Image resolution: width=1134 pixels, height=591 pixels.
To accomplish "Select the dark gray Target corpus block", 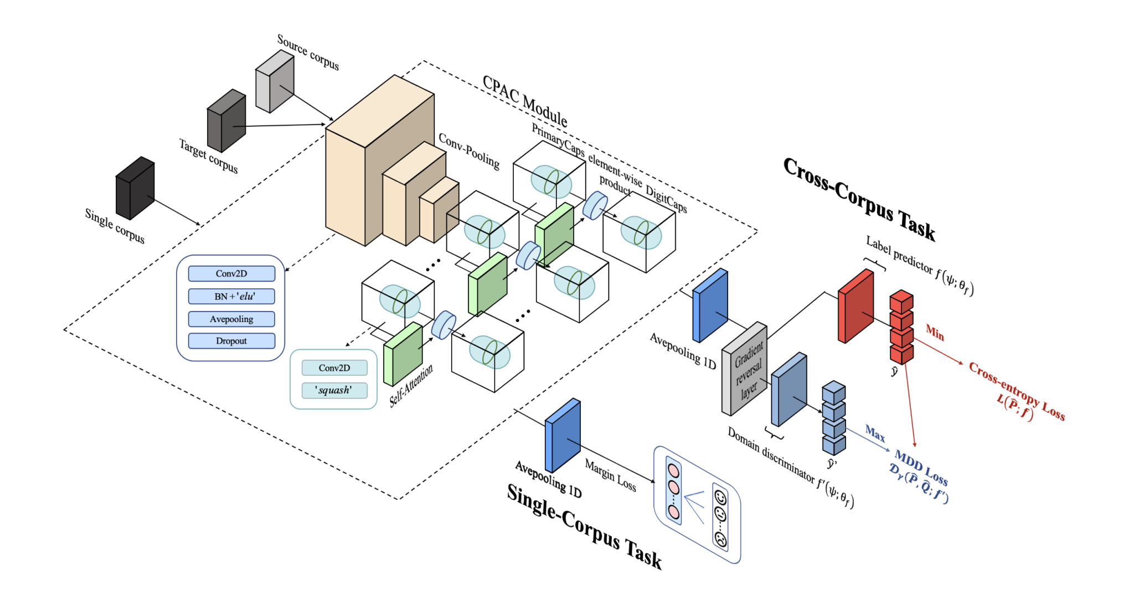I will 226,121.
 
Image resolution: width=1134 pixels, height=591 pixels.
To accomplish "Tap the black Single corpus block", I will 135,188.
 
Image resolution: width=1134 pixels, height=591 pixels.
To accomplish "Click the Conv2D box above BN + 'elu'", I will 231,273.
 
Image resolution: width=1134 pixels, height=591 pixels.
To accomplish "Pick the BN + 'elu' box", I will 231,296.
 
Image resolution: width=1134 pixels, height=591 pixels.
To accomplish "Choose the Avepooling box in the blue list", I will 231,319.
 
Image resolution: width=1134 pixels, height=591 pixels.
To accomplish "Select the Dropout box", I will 231,341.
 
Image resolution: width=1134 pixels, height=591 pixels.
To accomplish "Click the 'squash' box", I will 334,390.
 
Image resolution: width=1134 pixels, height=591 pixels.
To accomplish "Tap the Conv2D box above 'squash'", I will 334,368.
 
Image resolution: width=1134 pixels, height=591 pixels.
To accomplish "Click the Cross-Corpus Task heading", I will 859,199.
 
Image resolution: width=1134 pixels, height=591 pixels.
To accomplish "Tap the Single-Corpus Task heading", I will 584,526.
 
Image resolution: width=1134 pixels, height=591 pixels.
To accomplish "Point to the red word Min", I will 935,333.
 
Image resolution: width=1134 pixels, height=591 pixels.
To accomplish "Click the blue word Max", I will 875,433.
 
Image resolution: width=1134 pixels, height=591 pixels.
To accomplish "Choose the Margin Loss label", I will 610,475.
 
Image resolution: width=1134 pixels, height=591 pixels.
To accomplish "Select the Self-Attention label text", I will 410,386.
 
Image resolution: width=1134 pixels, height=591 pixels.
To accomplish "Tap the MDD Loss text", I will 921,468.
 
